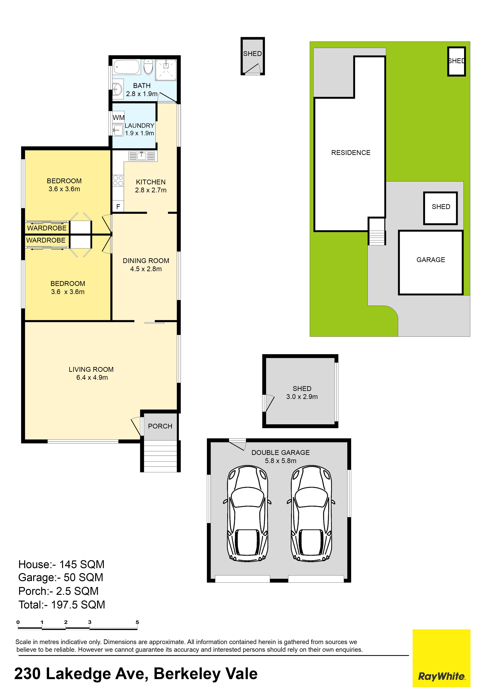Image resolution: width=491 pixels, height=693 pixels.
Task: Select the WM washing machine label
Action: click(118, 118)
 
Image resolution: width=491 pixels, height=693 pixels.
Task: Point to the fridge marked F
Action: click(118, 207)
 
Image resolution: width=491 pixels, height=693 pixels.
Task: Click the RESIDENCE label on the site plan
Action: click(351, 153)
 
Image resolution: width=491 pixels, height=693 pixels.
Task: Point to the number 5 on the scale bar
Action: click(137, 622)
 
